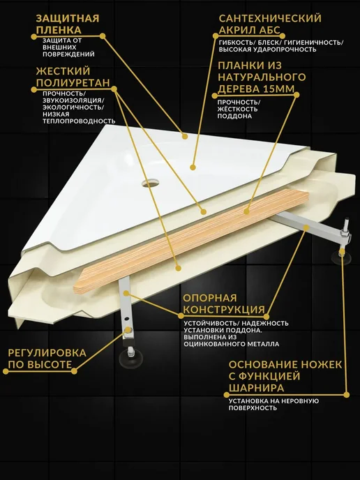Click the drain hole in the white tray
tap(150, 183)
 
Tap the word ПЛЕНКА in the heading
tap(59, 30)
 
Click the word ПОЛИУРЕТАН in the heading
tap(73, 82)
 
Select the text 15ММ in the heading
tap(278, 89)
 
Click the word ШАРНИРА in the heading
tap(257, 388)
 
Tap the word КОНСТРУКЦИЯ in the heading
tap(224, 310)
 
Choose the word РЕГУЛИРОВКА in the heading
tap(47, 353)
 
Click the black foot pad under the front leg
tap(130, 357)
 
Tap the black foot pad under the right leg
tap(340, 257)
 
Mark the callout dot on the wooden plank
tap(246, 211)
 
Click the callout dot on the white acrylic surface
tap(193, 167)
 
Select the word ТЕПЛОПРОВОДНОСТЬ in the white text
tap(79, 121)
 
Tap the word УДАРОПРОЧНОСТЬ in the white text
tap(285, 50)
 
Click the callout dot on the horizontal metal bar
tap(306, 227)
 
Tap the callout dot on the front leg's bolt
tap(128, 330)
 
